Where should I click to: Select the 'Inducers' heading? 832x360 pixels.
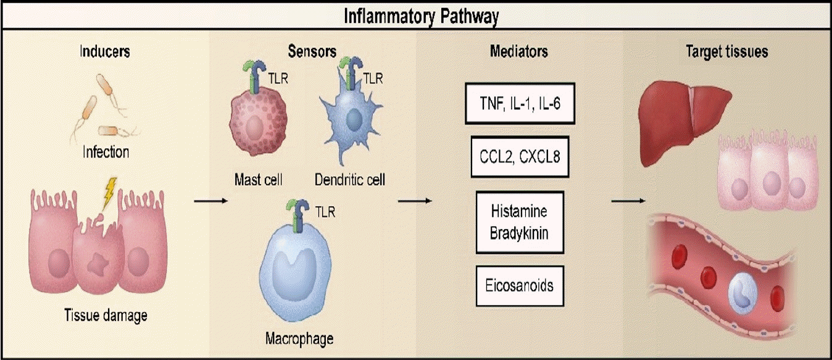105,51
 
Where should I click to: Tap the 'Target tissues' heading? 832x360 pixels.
726,51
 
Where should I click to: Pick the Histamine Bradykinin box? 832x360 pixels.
520,222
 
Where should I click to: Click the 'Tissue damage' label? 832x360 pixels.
106,316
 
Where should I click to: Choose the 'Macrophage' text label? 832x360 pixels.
299,338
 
